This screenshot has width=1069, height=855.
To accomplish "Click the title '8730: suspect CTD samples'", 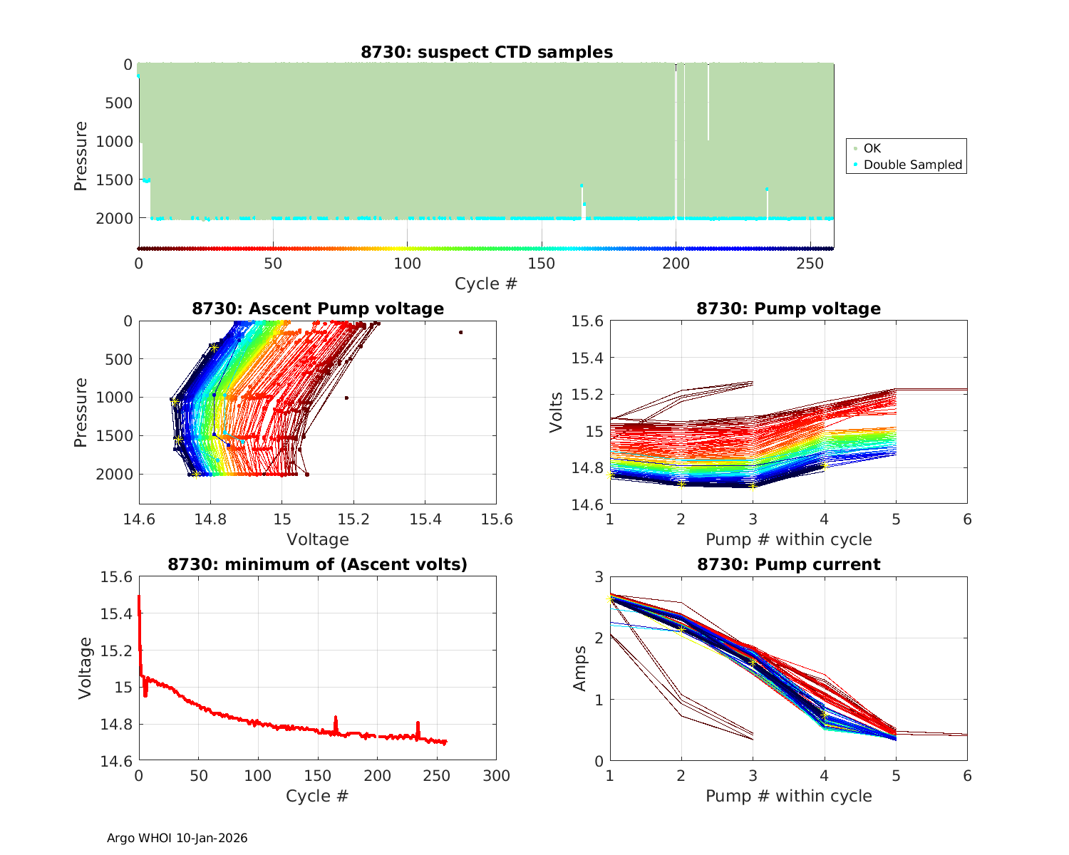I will pyautogui.click(x=487, y=52).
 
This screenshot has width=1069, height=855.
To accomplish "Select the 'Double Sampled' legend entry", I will pyautogui.click(x=912, y=165).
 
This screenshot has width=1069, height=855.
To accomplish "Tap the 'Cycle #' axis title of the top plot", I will pyautogui.click(x=486, y=284).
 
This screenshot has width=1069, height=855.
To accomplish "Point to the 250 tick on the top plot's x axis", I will pyautogui.click(x=810, y=264).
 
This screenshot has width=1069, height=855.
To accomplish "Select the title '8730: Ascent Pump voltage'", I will pyautogui.click(x=318, y=309).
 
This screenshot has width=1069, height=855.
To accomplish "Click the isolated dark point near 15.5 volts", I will pyautogui.click(x=461, y=332).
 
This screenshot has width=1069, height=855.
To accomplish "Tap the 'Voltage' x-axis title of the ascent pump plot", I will pyautogui.click(x=318, y=539).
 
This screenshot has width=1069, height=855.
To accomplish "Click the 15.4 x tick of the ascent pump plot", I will pyautogui.click(x=425, y=519).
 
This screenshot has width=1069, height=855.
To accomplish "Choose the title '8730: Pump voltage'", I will pyautogui.click(x=788, y=309).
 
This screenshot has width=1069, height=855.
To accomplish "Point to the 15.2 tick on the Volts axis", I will pyautogui.click(x=587, y=394).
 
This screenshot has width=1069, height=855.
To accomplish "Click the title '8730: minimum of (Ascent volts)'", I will pyautogui.click(x=318, y=564).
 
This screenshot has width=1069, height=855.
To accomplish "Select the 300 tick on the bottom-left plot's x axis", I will pyautogui.click(x=496, y=776).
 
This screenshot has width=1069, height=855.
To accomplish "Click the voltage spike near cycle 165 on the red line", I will pyautogui.click(x=336, y=719).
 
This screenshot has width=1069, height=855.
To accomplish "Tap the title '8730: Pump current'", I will pyautogui.click(x=788, y=564).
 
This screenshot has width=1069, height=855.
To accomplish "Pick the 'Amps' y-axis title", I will pyautogui.click(x=580, y=668).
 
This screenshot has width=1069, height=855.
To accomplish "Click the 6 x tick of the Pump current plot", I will pyautogui.click(x=967, y=776).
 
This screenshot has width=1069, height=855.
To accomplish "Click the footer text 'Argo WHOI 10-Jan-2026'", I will pyautogui.click(x=177, y=838).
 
